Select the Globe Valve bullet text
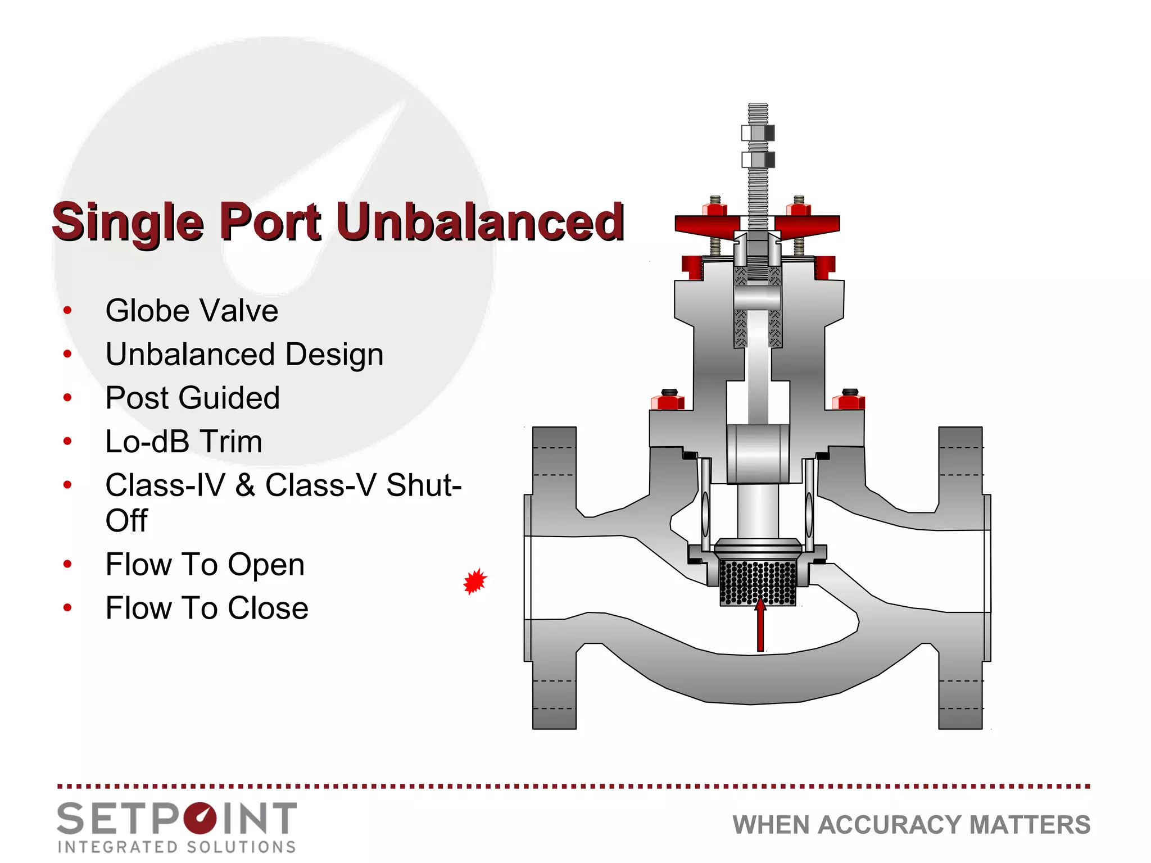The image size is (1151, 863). coord(192,311)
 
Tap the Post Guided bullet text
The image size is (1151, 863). coord(192,398)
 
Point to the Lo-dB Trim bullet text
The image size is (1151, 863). coord(184,442)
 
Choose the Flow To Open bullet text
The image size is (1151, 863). coord(205,564)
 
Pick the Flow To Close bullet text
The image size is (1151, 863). coord(207,608)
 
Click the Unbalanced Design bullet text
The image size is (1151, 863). coord(244,355)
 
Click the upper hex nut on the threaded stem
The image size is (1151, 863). coord(758,133)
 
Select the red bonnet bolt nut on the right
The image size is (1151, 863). coord(848,402)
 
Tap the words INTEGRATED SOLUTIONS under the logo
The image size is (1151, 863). coord(176,847)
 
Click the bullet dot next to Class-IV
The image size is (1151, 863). coord(68,485)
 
